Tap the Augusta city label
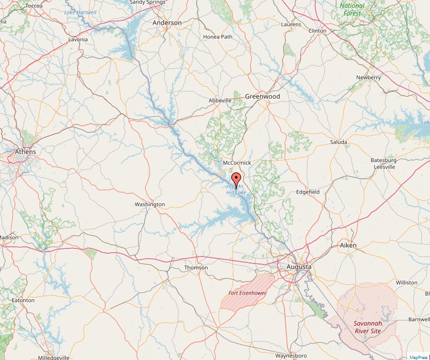298,266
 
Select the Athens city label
26,152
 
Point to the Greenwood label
263,96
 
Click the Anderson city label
167,23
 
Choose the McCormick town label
236,163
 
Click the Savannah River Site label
367,327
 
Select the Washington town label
150,204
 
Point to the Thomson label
196,268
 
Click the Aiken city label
349,245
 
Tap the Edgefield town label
308,192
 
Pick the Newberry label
368,78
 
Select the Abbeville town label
220,100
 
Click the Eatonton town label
23,300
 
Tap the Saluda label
339,142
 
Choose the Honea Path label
218,37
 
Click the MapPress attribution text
418,357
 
